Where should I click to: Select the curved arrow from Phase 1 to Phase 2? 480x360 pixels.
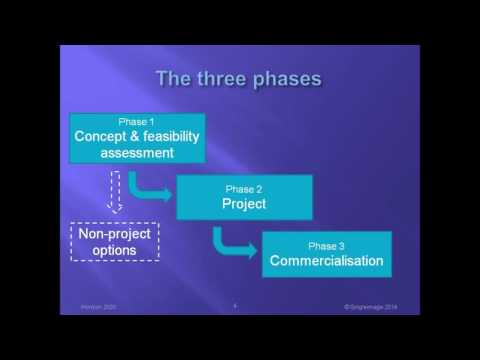pyautogui.click(x=150, y=186)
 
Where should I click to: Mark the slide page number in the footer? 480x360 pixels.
pyautogui.click(x=233, y=307)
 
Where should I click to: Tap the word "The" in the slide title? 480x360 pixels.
pyautogui.click(x=177, y=77)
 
